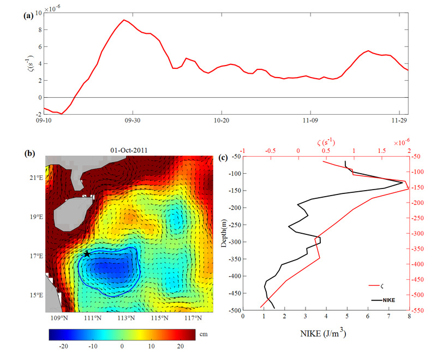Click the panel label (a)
pyautogui.click(x=28, y=15)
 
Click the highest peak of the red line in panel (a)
pyautogui.click(x=124, y=20)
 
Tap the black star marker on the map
pyautogui.click(x=87, y=254)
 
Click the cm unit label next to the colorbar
pyautogui.click(x=204, y=333)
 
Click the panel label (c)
pyautogui.click(x=223, y=158)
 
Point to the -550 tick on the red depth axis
pyautogui.click(x=419, y=310)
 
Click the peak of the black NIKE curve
pyautogui.click(x=402, y=182)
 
